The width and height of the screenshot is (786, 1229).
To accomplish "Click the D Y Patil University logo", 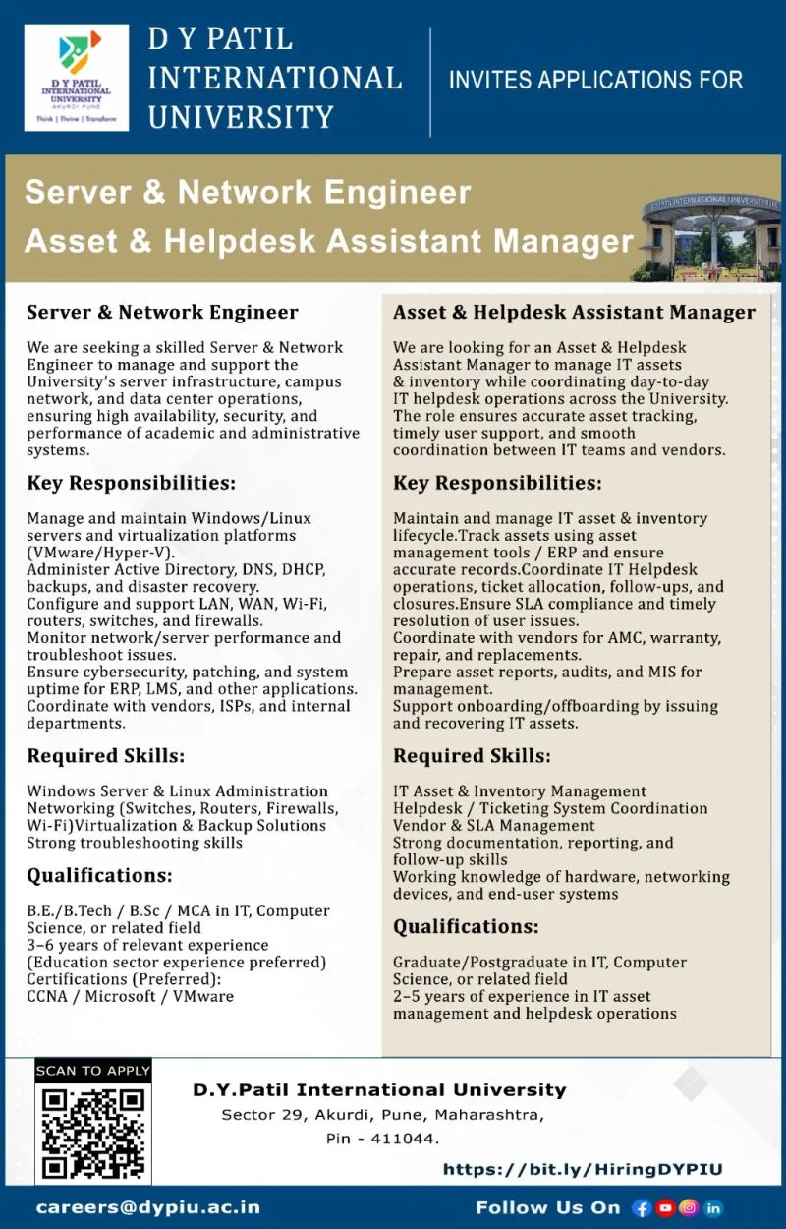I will pyautogui.click(x=76, y=78).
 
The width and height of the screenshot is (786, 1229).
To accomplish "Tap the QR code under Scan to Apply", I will pyautogui.click(x=93, y=1132).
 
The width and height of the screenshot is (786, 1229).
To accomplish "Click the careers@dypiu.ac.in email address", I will pyautogui.click(x=148, y=1206).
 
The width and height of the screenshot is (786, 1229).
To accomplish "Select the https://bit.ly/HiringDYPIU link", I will pyautogui.click(x=583, y=1169).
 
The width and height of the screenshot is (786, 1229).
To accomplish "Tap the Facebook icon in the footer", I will pyautogui.click(x=643, y=1207).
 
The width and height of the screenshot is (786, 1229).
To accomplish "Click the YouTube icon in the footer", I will pyautogui.click(x=666, y=1207).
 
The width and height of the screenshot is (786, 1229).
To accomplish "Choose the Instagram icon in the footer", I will pyautogui.click(x=690, y=1207).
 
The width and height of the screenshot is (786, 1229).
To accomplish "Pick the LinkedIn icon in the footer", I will pyautogui.click(x=713, y=1207).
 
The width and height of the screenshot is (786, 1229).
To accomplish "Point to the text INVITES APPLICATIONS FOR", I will pyautogui.click(x=595, y=80).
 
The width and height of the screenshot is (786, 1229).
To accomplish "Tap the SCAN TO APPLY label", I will pyautogui.click(x=93, y=1070).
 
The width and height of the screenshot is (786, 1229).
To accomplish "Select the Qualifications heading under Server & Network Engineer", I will pyautogui.click(x=99, y=875).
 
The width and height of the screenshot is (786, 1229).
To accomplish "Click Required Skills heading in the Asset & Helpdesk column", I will pyautogui.click(x=472, y=756).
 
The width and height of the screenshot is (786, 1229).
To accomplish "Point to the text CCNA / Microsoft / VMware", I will pyautogui.click(x=130, y=996).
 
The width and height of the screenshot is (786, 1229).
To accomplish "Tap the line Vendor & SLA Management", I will pyautogui.click(x=494, y=826).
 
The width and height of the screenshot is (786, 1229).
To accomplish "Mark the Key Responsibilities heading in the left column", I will pyautogui.click(x=131, y=484).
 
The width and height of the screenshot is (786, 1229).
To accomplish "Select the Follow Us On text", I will pyautogui.click(x=548, y=1207).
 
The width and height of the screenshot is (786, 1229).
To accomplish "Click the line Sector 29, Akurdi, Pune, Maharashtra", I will pyautogui.click(x=383, y=1115).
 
